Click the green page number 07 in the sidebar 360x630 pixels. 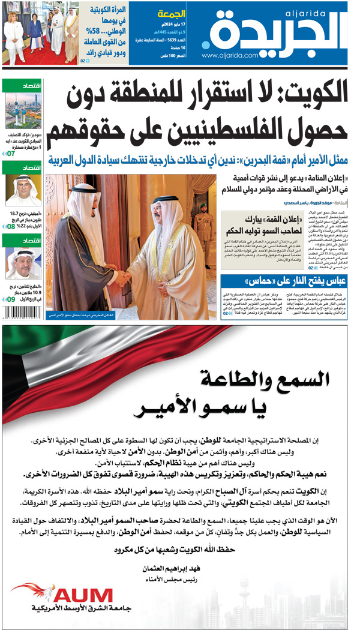tap(10, 154)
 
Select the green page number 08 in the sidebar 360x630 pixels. tap(10, 226)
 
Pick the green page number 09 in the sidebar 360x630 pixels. tap(10, 298)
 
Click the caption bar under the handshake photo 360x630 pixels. tap(131, 314)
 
